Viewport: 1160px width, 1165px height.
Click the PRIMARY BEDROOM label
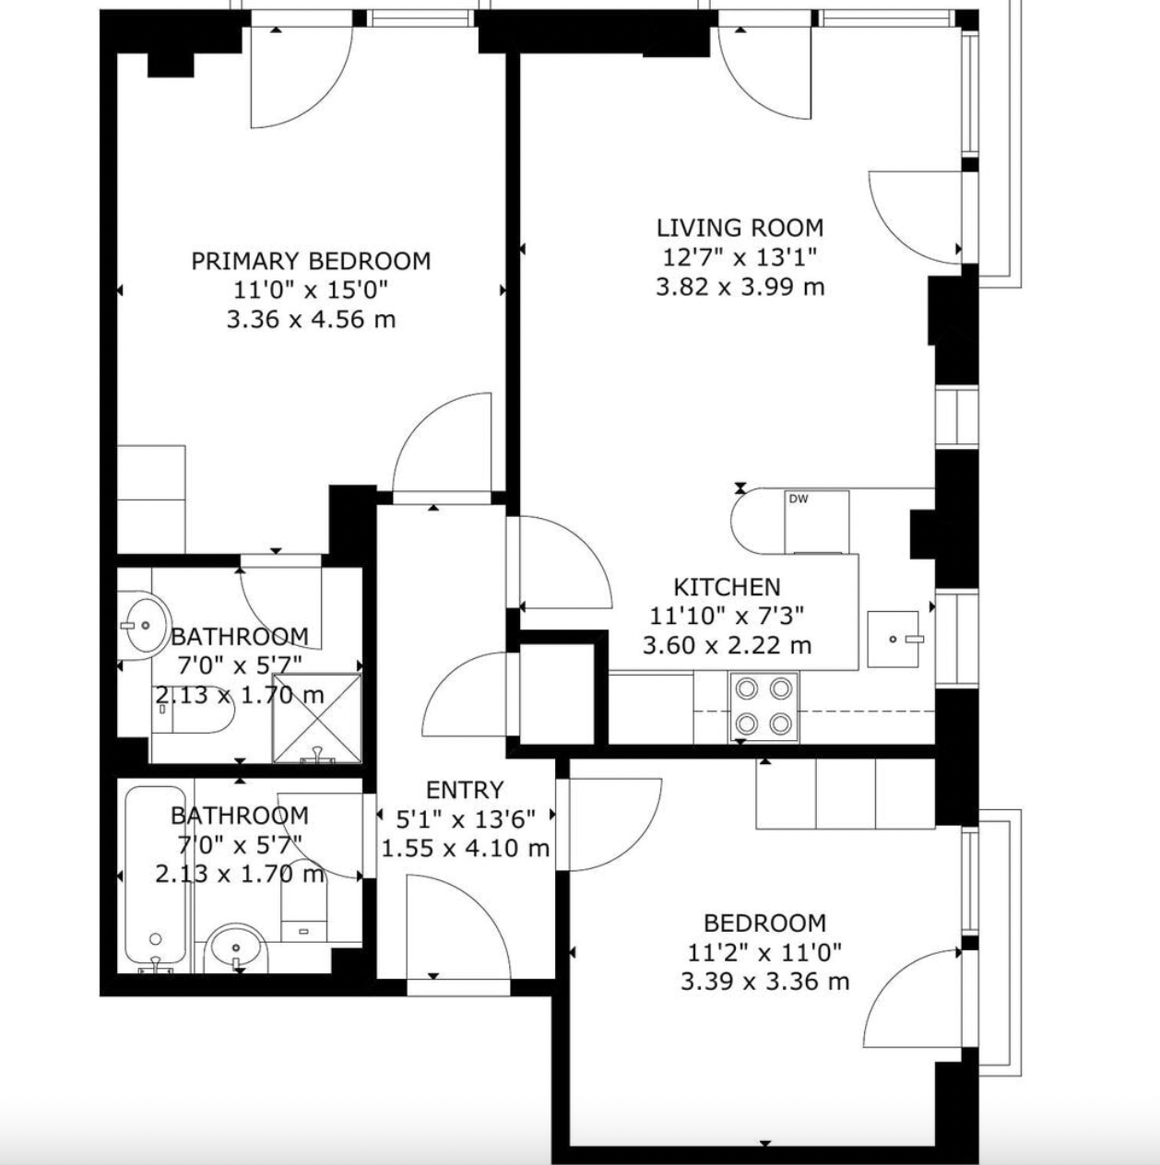pos(311,261)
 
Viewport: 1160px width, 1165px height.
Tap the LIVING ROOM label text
pos(740,228)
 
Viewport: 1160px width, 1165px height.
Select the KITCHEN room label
pos(727,587)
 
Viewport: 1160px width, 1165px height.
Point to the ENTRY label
pos(465,790)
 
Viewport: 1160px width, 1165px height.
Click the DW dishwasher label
pos(799,500)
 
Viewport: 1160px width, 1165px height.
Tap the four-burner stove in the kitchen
pos(764,706)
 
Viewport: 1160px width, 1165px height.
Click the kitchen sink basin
pos(894,639)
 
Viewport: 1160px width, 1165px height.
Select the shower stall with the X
pos(316,717)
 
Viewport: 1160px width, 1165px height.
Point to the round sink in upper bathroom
pos(144,625)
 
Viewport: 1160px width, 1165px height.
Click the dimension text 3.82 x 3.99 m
pos(740,287)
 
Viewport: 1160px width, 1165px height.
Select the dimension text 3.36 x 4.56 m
pos(311,319)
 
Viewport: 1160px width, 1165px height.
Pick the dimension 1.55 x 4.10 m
pos(465,848)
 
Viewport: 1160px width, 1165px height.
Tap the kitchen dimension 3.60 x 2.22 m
pos(727,646)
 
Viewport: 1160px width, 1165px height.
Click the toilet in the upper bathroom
pos(193,717)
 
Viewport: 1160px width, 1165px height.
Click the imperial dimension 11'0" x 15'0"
pos(311,290)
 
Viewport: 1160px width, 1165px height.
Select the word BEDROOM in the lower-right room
pos(764,923)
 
